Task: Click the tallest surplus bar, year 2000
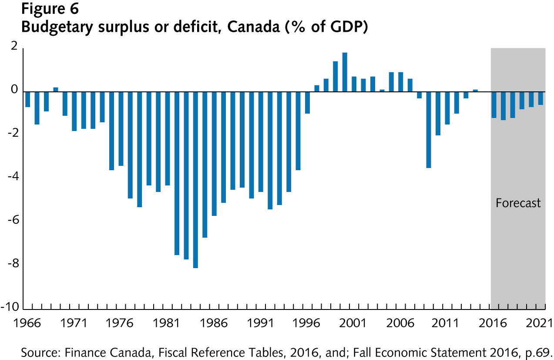tap(345, 72)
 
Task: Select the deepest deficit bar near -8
tap(195, 179)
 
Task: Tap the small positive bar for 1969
tap(56, 89)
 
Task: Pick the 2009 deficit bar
tap(429, 129)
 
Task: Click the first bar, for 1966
tap(27, 99)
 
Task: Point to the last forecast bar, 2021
tap(541, 98)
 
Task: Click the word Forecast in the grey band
tap(518, 203)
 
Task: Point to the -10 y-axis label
tap(10, 307)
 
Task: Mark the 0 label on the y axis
tap(14, 90)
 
